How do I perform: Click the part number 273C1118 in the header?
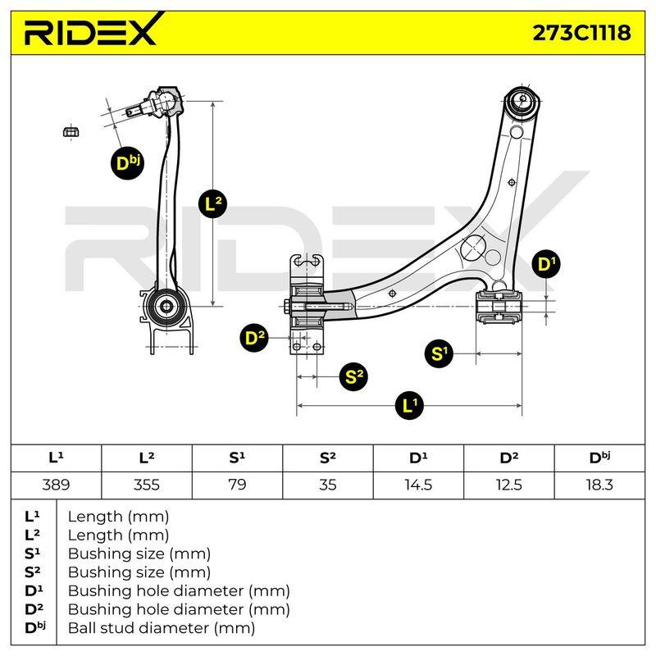tap(581, 33)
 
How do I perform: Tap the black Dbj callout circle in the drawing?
tap(127, 163)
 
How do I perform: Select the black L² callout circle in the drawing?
tap(213, 203)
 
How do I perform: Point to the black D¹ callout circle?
tap(545, 264)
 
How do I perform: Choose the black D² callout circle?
tap(254, 337)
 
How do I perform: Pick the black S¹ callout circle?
tap(439, 353)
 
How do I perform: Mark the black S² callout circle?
tap(354, 376)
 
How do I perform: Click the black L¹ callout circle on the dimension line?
tap(409, 405)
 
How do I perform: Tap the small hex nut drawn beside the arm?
tap(71, 132)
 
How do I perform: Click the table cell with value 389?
tap(56, 485)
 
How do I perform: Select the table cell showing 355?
tap(147, 485)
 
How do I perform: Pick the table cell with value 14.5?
tap(418, 485)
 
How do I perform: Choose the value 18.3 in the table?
tap(599, 485)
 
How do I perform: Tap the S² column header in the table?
tap(327, 458)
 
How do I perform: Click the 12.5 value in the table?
tap(508, 485)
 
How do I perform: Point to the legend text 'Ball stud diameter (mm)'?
tap(162, 628)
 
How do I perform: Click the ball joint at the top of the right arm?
tap(522, 101)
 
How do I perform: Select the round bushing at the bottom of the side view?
tap(166, 307)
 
